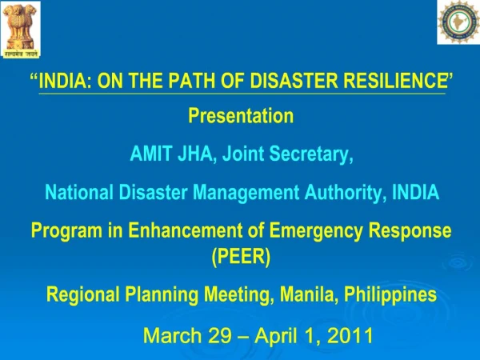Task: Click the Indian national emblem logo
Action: (x=22, y=30)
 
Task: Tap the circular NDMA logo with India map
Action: (x=458, y=22)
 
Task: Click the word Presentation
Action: (x=241, y=116)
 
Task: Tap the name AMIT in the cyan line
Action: (x=150, y=153)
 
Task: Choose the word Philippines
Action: (x=390, y=295)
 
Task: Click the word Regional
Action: (x=82, y=295)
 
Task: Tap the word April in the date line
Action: (x=276, y=336)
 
